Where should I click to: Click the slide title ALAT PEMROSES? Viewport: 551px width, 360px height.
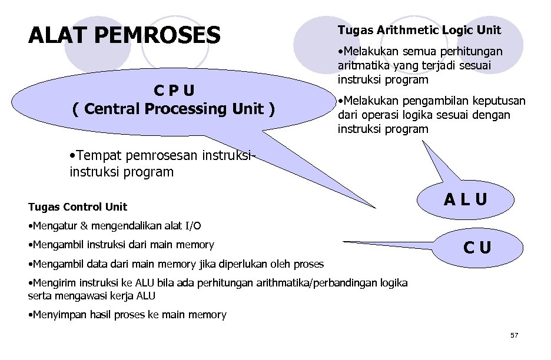[124, 35]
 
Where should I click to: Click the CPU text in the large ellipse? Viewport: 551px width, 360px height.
[174, 91]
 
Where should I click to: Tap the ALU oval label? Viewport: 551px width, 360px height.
[466, 200]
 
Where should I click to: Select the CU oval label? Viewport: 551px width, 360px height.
[477, 248]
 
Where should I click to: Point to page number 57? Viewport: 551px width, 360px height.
[514, 335]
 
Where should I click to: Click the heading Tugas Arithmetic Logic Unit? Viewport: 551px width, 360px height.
[419, 30]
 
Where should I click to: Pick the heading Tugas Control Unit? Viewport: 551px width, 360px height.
[78, 206]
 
